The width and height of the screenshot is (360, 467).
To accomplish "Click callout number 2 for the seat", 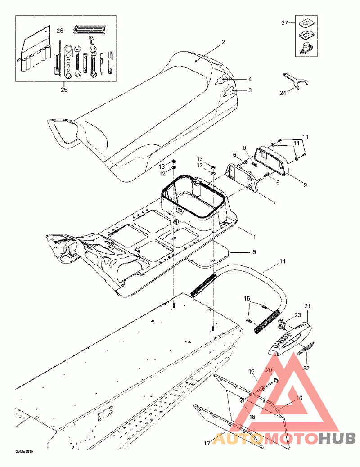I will [x=224, y=41].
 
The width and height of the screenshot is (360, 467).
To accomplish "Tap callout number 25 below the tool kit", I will [x=64, y=90].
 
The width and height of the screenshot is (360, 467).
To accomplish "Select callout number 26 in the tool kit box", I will [x=60, y=31].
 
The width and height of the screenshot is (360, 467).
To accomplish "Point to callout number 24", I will [x=283, y=93].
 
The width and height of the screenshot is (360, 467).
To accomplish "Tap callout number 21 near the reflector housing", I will [x=308, y=306].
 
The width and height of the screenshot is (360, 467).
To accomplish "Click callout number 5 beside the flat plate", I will [x=254, y=252].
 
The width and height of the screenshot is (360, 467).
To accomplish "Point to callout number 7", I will [x=274, y=203].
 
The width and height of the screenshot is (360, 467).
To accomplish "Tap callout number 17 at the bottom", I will [x=207, y=444].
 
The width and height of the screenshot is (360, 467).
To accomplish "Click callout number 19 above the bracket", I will [x=252, y=372].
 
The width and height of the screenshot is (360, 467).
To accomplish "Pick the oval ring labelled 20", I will [x=277, y=380].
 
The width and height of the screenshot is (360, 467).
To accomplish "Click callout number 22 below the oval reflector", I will [x=306, y=368].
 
